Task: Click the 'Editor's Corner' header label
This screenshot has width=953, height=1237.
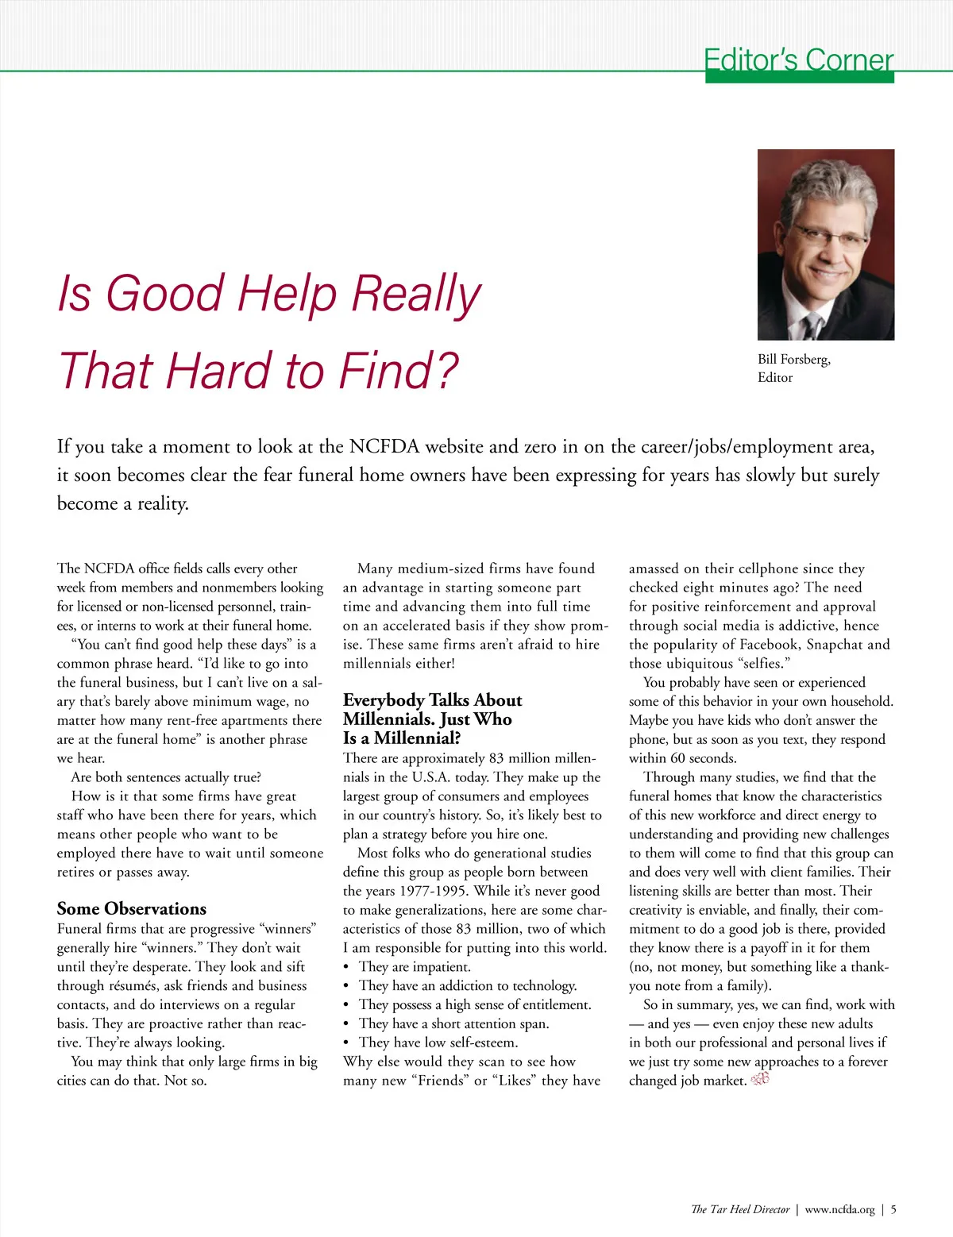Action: point(798,60)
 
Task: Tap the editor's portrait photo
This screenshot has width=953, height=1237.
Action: point(826,245)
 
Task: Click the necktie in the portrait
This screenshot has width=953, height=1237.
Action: point(812,326)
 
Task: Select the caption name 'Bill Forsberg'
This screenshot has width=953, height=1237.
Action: point(793,360)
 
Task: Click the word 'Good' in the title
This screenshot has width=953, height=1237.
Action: point(165,293)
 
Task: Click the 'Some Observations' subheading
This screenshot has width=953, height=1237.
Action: point(132,908)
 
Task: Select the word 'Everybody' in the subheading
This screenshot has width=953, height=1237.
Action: point(383,700)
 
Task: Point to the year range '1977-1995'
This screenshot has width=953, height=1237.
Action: point(433,891)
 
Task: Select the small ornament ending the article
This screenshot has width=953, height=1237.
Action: point(760,1079)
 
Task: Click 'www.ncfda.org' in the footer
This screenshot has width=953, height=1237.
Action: point(839,1210)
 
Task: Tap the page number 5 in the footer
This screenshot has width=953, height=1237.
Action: point(893,1210)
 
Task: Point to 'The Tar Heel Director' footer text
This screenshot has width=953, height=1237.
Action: point(740,1210)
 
